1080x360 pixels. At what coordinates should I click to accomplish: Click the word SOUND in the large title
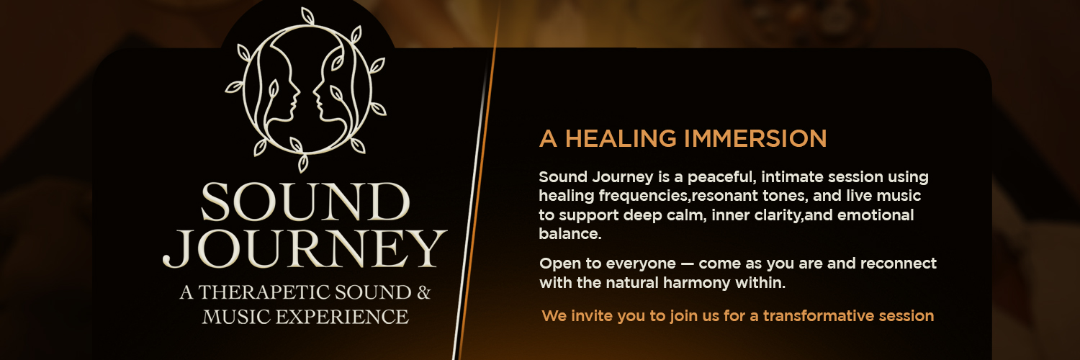coord(305,202)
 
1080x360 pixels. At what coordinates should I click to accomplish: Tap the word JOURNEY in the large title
coord(305,248)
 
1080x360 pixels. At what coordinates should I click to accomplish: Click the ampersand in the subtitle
coord(423,292)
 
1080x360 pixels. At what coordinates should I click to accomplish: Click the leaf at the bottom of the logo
coord(304,163)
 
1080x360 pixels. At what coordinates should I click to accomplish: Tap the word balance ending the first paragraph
coord(569,234)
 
